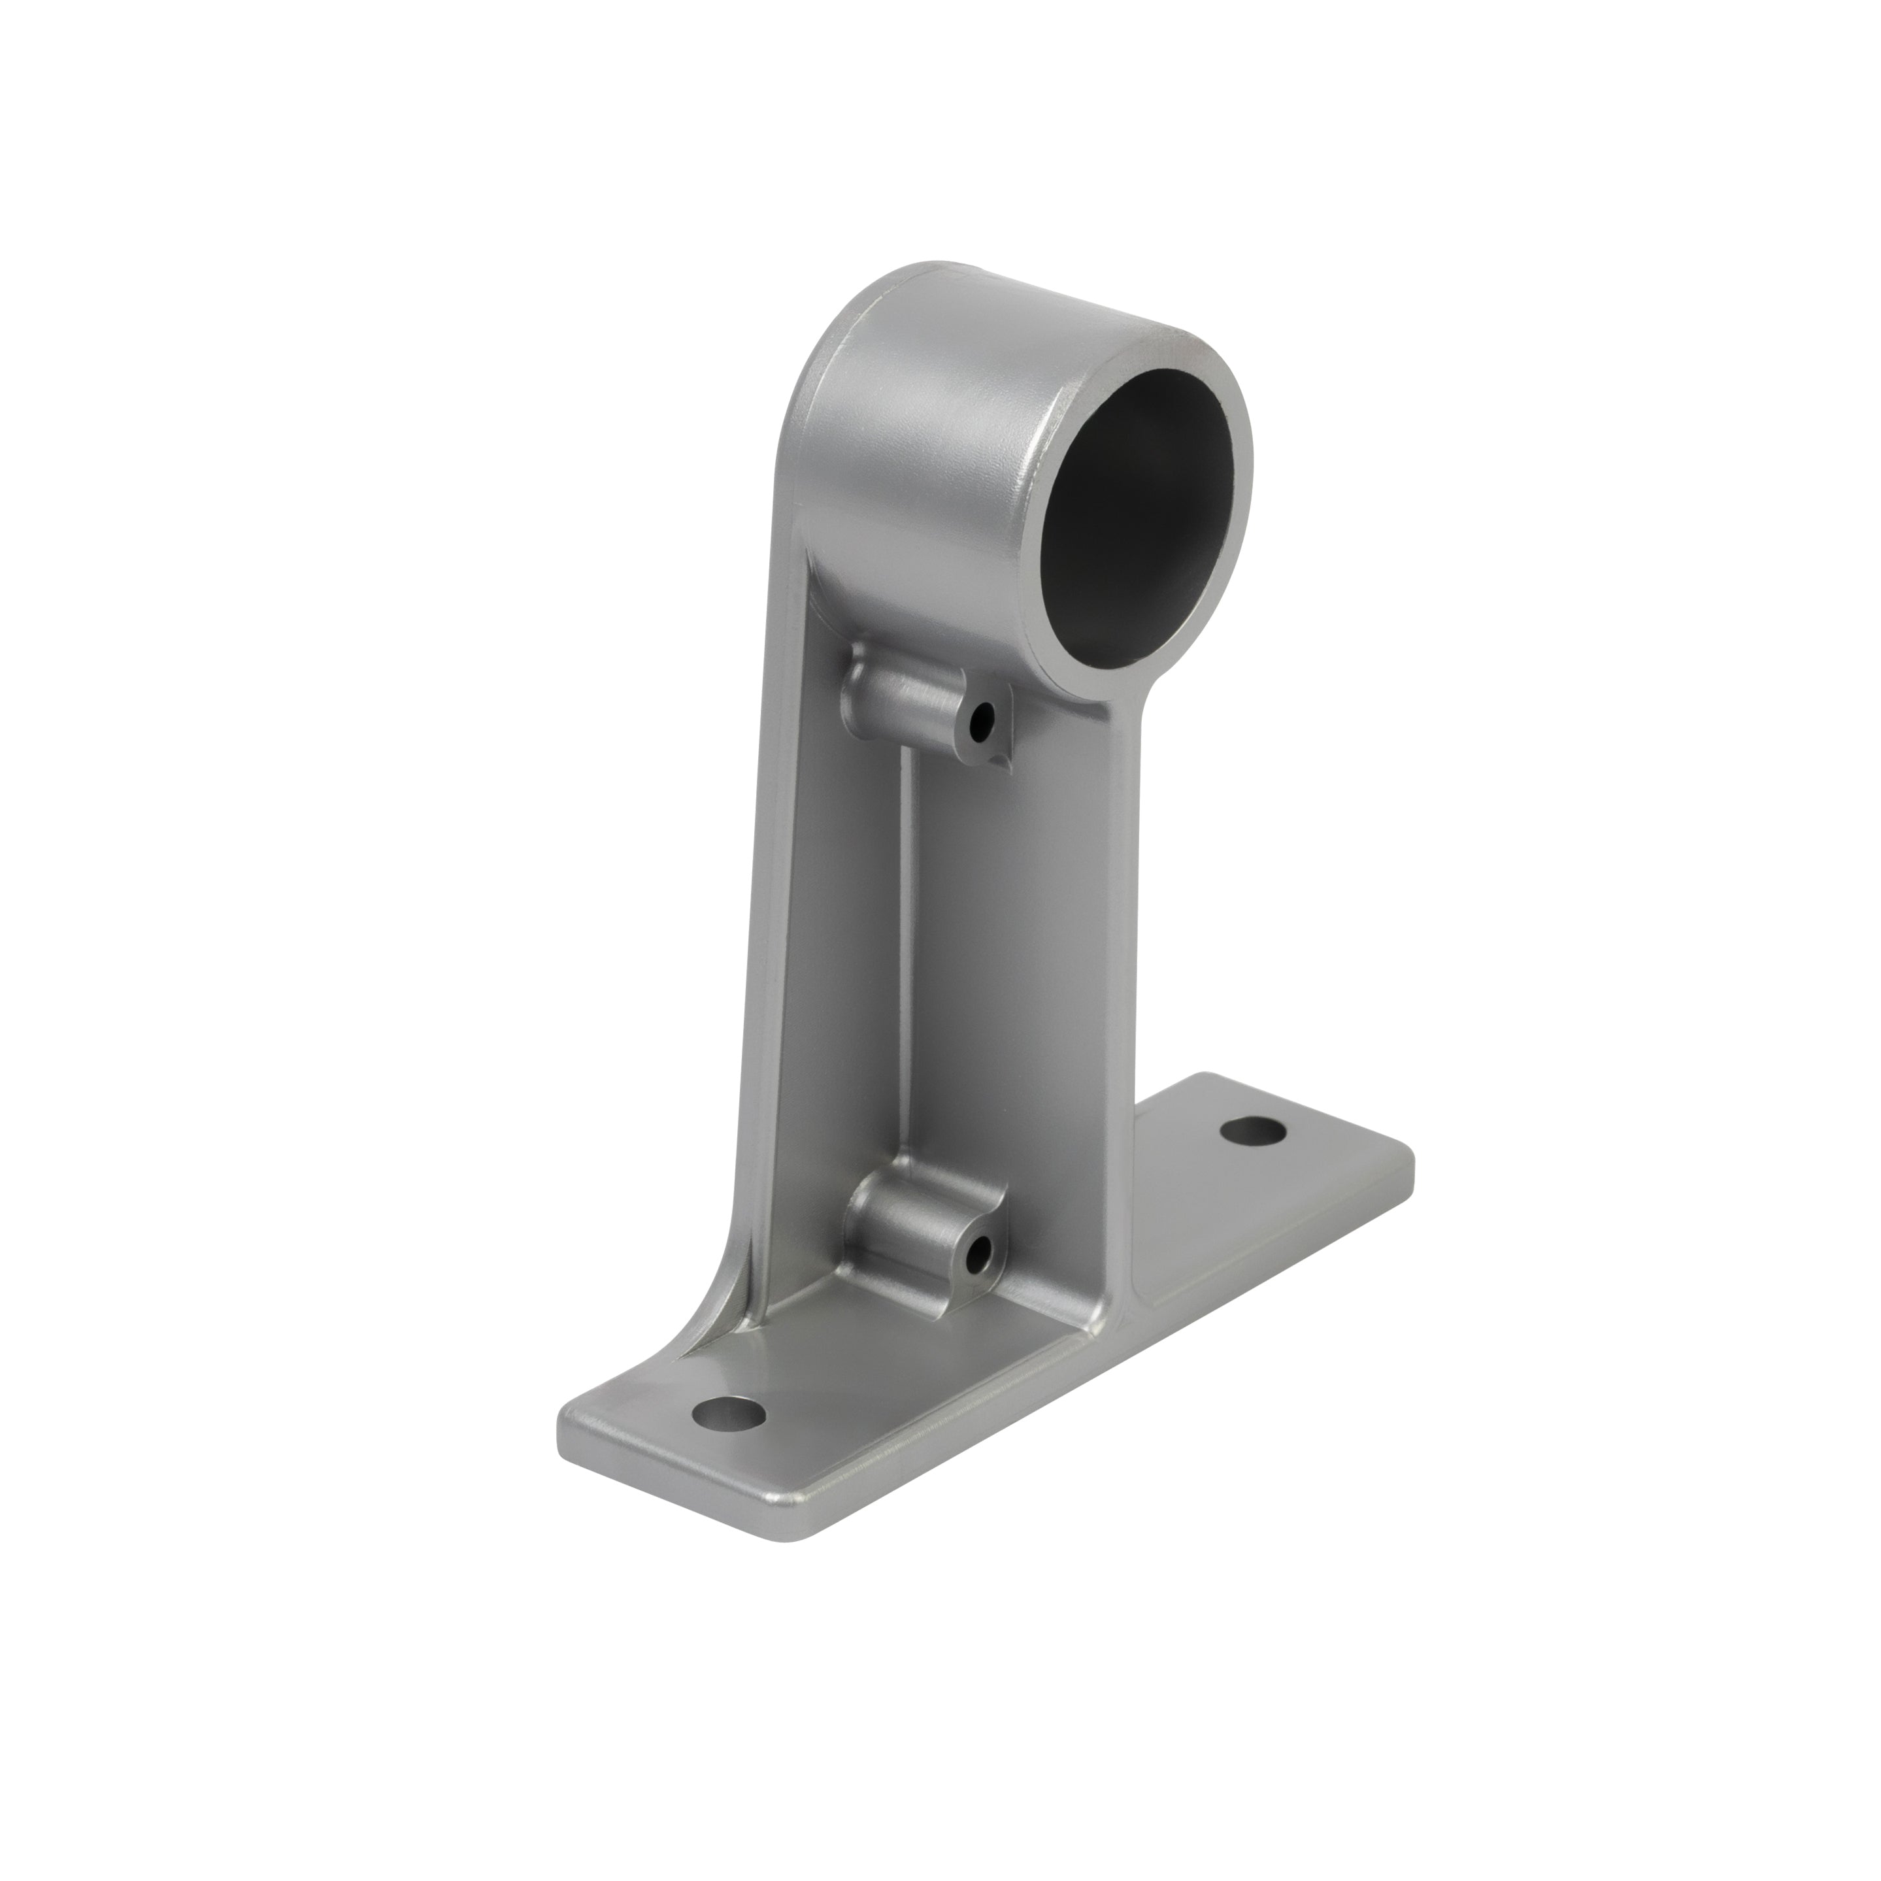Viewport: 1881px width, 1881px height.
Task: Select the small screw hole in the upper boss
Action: click(x=986, y=722)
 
